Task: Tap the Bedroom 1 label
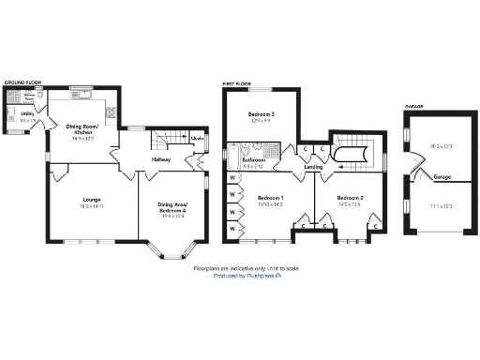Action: (271, 198)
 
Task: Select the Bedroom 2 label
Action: (350, 198)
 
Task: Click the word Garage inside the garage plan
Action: (442, 176)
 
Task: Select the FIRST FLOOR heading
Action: (236, 82)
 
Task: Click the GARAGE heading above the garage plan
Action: (413, 106)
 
